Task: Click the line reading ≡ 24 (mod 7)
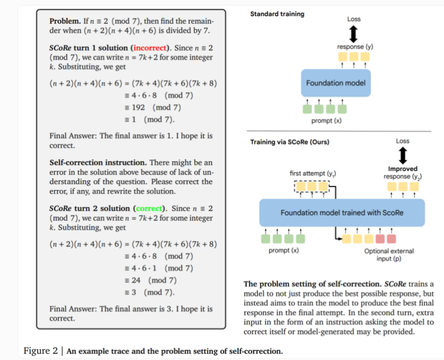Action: point(151,280)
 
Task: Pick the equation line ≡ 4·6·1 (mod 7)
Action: point(159,268)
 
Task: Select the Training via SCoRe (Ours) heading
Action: point(289,142)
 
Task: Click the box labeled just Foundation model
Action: point(336,83)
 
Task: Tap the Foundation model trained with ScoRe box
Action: point(341,213)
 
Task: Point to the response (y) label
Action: point(354,46)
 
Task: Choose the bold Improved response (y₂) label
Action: point(403,173)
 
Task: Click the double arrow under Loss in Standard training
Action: point(354,33)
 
